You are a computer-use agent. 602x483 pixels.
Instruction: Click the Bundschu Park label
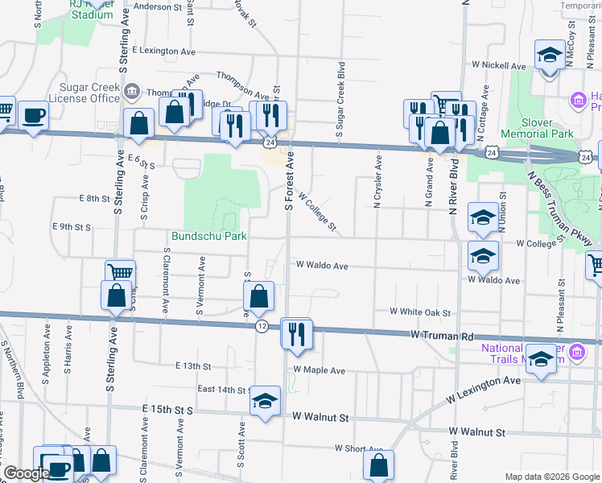208,236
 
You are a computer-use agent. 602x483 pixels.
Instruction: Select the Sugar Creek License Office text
84,93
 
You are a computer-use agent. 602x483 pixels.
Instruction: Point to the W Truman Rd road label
439,333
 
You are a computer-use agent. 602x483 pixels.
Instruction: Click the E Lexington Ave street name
165,50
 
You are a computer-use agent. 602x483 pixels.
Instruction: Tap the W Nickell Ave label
499,65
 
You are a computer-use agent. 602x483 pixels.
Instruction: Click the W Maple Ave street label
320,370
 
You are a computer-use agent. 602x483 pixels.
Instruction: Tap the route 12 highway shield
262,326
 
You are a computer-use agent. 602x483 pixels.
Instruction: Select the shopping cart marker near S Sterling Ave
119,273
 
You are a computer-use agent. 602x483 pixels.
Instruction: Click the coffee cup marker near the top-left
33,115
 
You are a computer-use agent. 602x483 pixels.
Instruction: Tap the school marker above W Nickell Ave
550,56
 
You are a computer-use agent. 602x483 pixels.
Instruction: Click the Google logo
25,473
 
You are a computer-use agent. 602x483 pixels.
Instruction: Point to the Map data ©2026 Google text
552,476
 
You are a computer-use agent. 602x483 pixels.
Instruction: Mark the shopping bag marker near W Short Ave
378,464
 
